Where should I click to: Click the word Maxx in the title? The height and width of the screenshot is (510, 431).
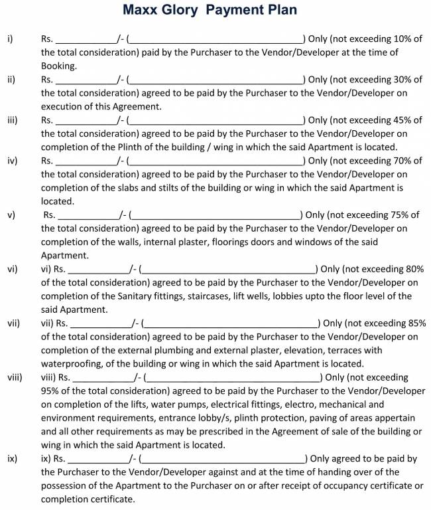coord(143,10)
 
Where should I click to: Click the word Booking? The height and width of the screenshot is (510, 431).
coord(58,66)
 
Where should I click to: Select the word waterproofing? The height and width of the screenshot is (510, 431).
coord(72,363)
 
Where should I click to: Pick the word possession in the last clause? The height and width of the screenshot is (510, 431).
coord(66,485)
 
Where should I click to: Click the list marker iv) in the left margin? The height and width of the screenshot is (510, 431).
coord(13,161)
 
